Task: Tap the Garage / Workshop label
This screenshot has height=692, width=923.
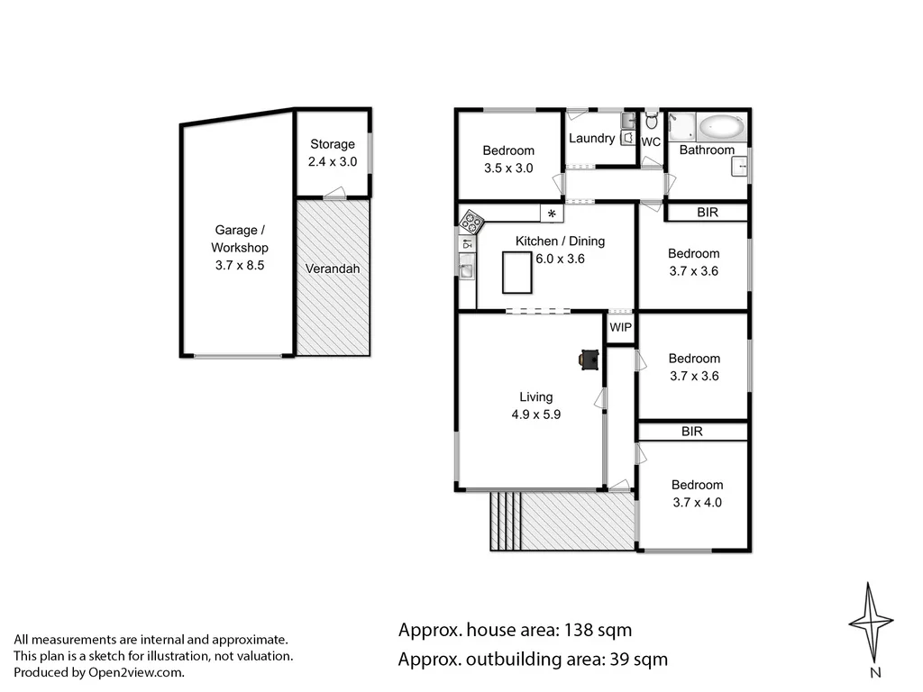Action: [239, 239]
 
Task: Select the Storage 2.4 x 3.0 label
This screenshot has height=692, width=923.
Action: [333, 152]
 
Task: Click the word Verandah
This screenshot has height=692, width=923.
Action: [332, 269]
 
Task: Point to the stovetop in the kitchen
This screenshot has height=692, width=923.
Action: [471, 222]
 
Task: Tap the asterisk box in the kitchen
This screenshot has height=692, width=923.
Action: [551, 214]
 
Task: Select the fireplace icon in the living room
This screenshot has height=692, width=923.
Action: [589, 360]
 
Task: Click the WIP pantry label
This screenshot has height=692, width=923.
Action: [620, 328]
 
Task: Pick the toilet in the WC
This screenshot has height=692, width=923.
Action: [652, 121]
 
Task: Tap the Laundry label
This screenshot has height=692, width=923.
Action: [591, 139]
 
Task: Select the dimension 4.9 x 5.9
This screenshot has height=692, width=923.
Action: [535, 414]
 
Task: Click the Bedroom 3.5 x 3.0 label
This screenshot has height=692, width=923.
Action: [508, 159]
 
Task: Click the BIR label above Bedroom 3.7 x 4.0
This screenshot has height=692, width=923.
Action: [692, 432]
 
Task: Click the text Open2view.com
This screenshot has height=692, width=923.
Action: [135, 672]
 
